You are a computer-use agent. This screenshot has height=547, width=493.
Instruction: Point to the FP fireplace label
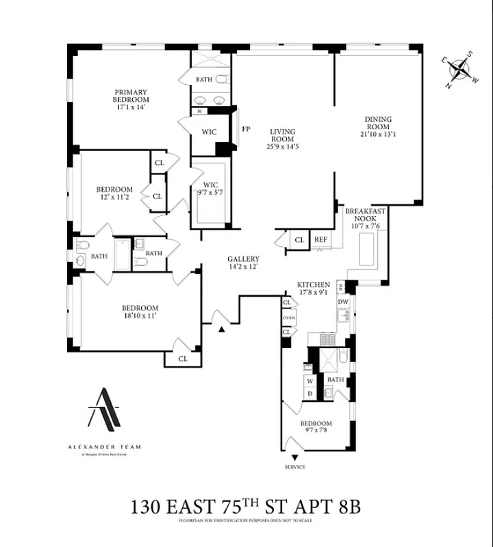pos(246,128)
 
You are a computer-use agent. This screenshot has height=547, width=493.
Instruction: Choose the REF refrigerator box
pos(320,239)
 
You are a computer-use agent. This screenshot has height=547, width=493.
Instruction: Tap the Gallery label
pos(243,259)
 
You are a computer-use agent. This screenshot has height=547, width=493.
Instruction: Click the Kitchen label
pos(314,284)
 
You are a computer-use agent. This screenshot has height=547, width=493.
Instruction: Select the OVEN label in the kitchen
pos(288,317)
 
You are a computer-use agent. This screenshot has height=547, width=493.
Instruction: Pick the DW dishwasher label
pos(343,302)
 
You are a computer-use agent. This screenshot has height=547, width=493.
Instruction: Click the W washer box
pos(309,381)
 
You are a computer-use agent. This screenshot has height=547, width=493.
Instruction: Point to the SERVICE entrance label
pos(294,467)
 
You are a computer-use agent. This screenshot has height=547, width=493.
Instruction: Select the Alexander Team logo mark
pos(105,408)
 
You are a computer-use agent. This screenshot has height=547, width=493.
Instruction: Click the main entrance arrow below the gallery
pos(222,330)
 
